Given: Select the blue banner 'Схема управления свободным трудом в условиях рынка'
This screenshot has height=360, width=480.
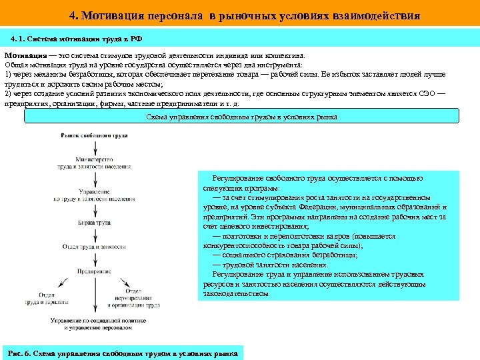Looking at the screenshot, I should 241,117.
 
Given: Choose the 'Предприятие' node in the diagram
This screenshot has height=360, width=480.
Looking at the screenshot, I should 94,271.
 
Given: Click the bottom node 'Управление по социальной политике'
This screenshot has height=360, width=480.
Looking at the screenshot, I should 94,324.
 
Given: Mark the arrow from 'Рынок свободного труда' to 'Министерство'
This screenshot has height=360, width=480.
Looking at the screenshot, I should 94,148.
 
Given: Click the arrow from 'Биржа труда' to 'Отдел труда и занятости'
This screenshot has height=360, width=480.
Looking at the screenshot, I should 94,235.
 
